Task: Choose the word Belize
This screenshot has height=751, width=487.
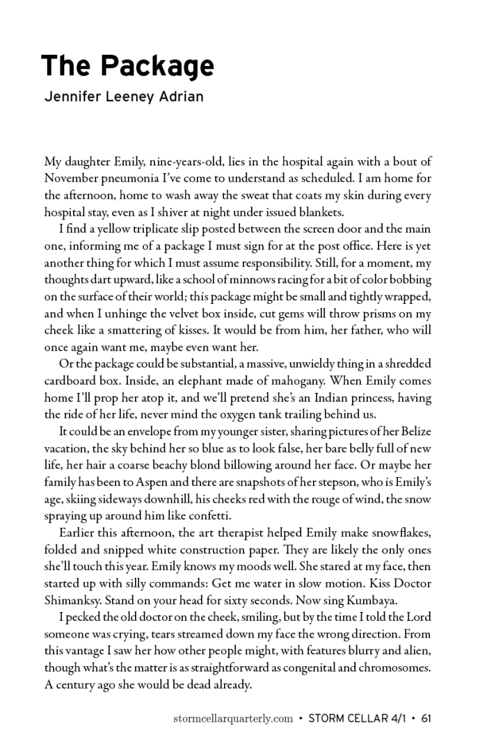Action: point(413,432)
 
